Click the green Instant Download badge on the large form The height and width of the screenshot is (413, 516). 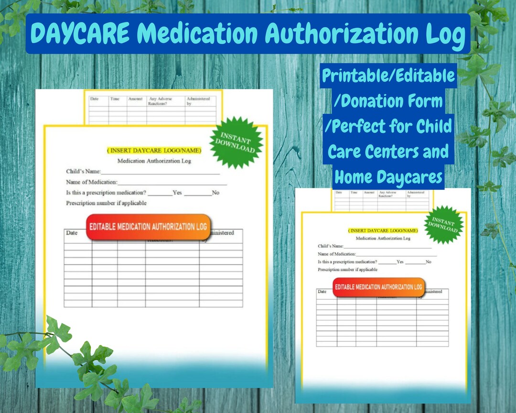pyautogui.click(x=236, y=142)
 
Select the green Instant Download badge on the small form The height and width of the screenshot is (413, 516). pyautogui.click(x=444, y=225)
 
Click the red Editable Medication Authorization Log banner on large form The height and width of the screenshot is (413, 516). pyautogui.click(x=148, y=227)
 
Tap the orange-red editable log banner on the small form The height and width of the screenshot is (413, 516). pyautogui.click(x=378, y=287)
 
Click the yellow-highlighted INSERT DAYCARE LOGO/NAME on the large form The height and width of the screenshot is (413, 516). pyautogui.click(x=154, y=151)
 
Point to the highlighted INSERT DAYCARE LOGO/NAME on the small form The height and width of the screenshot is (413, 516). pyautogui.click(x=383, y=230)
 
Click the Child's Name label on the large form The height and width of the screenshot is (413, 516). pyautogui.click(x=83, y=171)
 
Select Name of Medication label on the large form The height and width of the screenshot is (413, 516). pyautogui.click(x=91, y=182)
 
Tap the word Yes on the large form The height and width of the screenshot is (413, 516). pyautogui.click(x=177, y=193)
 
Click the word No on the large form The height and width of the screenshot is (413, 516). pyautogui.click(x=215, y=193)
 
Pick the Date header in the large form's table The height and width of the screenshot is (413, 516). pyautogui.click(x=72, y=233)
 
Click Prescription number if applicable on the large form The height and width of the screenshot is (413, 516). pyautogui.click(x=106, y=203)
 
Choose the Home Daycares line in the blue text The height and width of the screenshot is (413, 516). pyautogui.click(x=388, y=177)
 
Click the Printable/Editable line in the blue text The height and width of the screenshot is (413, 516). pyautogui.click(x=388, y=76)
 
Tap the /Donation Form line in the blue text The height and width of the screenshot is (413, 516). pyautogui.click(x=388, y=101)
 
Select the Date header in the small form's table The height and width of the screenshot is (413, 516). pyautogui.click(x=322, y=292)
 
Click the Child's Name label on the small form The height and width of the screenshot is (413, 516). pyautogui.click(x=331, y=246)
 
